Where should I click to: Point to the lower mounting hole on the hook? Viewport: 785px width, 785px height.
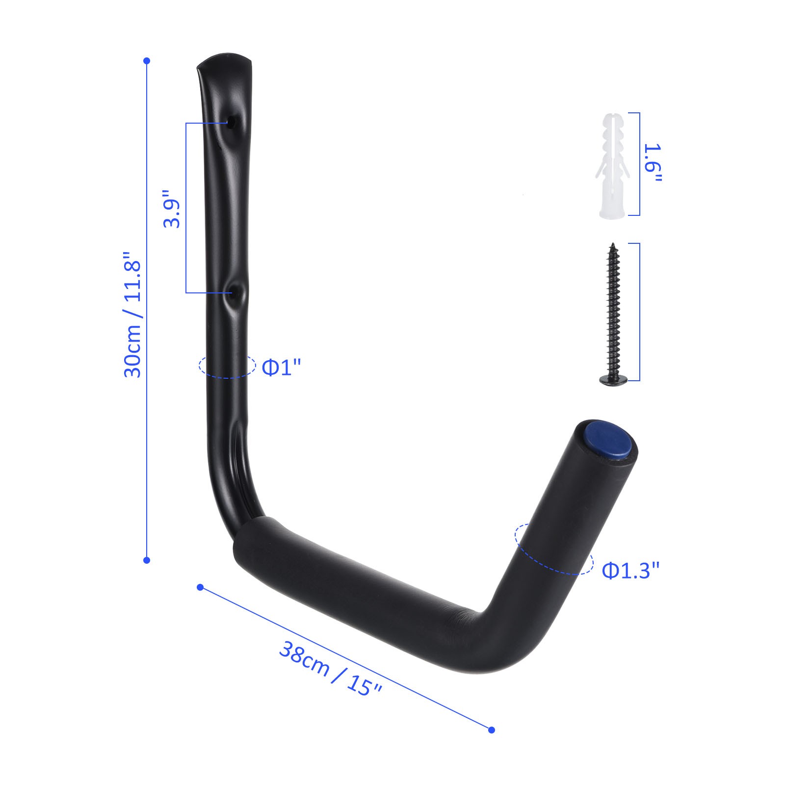pos(234,293)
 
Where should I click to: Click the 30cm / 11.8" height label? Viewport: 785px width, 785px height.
pos(132,314)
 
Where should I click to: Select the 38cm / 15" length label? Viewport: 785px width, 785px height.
pos(330,669)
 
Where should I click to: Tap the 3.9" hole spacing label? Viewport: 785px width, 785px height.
pos(172,209)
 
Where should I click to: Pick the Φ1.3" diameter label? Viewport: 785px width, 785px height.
pos(630,570)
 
